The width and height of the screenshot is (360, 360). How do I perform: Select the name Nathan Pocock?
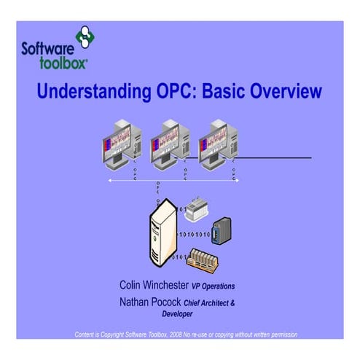(149, 301)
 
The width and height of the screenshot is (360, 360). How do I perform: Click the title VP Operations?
(213, 286)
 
